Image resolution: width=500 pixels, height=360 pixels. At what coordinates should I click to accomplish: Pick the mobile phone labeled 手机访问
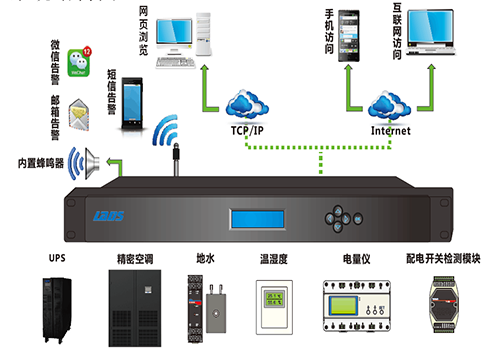[348, 37]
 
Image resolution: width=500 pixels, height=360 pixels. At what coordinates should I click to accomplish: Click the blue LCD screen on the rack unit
[259, 218]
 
